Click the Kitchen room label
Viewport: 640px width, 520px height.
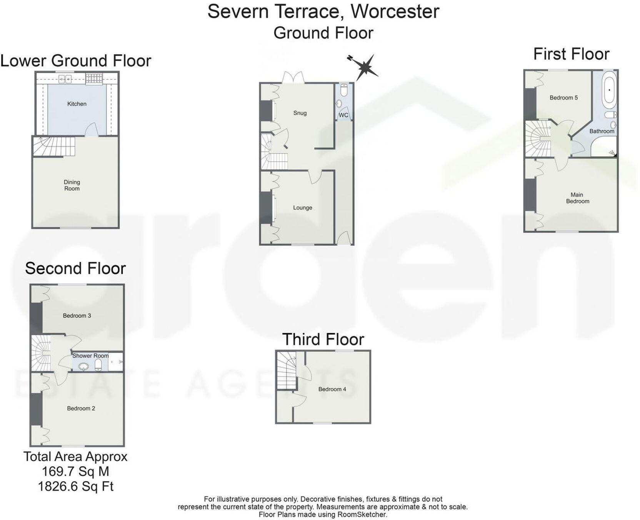[77, 104]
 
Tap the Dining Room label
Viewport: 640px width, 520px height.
[72, 185]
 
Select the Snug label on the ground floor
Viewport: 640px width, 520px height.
[300, 113]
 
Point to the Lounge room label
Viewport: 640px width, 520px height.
[303, 208]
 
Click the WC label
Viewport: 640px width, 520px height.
[343, 115]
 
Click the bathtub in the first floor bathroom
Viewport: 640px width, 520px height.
[609, 90]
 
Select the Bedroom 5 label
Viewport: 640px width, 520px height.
[563, 98]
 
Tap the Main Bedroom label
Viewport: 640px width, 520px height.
[577, 198]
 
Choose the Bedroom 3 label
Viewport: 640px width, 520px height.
[77, 316]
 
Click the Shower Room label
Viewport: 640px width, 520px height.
[90, 356]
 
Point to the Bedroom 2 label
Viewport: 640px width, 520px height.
[81, 408]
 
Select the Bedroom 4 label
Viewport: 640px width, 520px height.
[332, 389]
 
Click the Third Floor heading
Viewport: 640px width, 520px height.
[323, 340]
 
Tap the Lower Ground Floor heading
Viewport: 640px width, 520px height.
[76, 61]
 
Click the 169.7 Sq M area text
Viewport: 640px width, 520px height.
[75, 472]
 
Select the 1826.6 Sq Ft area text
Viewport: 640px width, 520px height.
[75, 487]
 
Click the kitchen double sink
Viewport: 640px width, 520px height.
[65, 79]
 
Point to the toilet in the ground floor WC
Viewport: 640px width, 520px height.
[344, 90]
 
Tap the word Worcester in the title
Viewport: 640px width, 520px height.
[395, 12]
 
